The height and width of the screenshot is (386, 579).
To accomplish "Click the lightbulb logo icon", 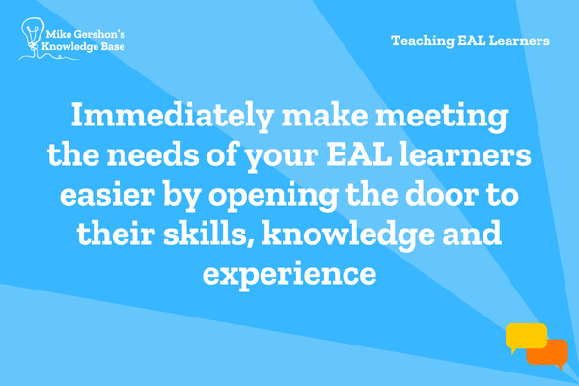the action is coord(33,37).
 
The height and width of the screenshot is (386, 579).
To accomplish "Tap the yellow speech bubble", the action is coord(526,337).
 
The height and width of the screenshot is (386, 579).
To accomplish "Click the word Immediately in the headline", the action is coord(172,116).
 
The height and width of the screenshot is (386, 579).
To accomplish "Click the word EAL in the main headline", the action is coord(359,154).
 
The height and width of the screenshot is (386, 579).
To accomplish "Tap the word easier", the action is coord(107,194).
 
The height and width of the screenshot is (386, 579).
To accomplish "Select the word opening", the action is coord(273,196).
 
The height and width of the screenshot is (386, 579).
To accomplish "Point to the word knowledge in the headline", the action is coord(348,234).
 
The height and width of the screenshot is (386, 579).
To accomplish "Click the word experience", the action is coord(289,274).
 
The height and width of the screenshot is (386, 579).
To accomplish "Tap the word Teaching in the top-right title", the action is coord(423,41).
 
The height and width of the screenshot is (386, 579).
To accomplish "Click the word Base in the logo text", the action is coord(113,47).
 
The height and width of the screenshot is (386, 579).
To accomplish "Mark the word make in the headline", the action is coord(324,116).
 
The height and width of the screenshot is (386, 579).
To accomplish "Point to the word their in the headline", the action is coord(116,234).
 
